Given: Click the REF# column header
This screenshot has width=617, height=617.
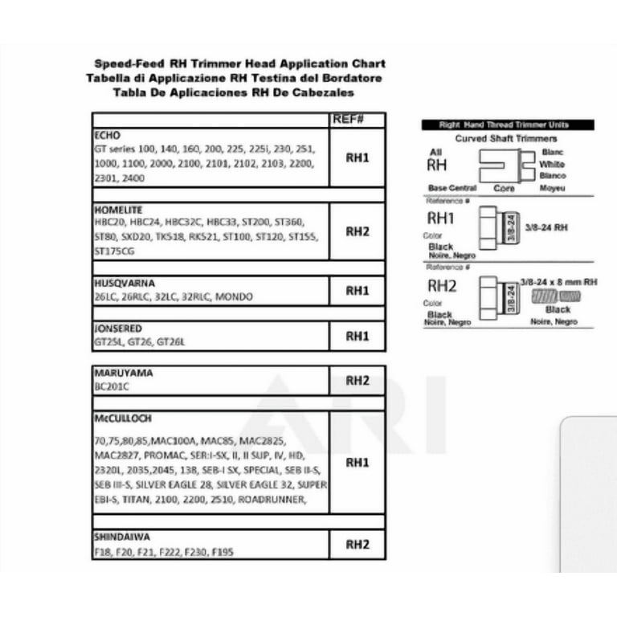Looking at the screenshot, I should click(348, 120).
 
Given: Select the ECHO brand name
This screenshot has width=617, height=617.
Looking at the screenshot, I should click(107, 136).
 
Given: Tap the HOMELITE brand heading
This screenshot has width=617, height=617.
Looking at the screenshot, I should click(118, 210).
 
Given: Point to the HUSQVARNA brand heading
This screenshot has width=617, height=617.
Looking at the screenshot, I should click(124, 284).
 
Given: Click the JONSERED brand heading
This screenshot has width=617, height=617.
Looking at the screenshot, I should click(118, 329).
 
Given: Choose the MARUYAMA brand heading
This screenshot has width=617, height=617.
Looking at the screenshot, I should click(123, 374).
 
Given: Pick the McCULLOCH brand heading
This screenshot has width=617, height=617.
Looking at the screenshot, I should click(122, 419).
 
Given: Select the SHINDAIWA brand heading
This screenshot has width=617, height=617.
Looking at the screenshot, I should click(121, 537).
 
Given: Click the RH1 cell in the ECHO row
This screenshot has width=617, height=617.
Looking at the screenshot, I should click(357, 158).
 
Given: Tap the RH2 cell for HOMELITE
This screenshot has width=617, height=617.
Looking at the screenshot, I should click(357, 231).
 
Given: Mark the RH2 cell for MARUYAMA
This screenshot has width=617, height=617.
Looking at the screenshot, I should click(357, 379).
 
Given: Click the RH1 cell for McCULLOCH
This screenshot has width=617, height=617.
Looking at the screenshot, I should click(357, 463).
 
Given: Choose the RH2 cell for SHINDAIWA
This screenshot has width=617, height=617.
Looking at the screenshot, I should click(357, 544).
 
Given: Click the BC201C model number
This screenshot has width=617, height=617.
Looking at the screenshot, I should click(112, 386).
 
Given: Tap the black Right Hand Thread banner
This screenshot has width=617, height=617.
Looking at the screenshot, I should click(508, 125).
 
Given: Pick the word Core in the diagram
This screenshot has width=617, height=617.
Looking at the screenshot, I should click(503, 189).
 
